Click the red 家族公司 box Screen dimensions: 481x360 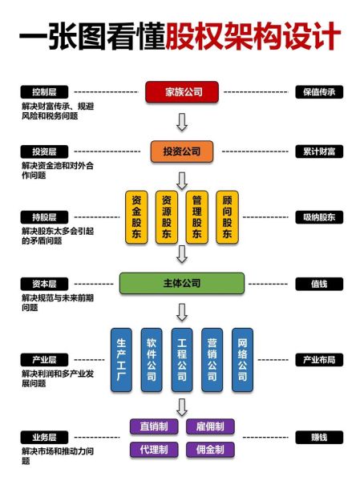tap(182, 92)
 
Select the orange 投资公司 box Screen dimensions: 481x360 tap(182, 151)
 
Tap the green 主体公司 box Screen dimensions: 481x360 tap(182, 283)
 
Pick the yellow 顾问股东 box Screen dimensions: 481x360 tap(228, 216)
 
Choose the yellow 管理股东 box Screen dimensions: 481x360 tap(197, 216)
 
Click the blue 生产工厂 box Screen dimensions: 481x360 tap(121, 359)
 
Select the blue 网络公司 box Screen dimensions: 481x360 tap(243, 359)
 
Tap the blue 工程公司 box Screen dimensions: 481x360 tap(182, 359)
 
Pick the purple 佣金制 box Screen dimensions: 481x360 tap(210, 450)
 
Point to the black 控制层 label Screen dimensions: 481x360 tap(45, 92)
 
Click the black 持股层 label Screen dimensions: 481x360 tap(45, 217)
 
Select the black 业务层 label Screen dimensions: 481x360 tap(45, 438)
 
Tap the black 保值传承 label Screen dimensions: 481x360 tap(318, 92)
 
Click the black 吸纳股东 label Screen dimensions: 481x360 tap(318, 217)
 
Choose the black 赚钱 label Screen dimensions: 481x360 tap(318, 438)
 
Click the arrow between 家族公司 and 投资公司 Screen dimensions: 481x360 tap(182, 122)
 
